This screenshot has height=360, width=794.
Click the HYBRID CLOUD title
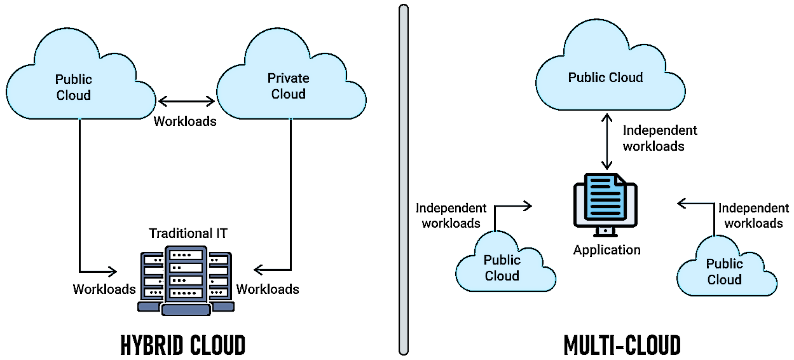click(183, 345)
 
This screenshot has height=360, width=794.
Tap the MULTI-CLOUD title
click(622, 345)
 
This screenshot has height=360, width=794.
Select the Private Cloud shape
click(290, 85)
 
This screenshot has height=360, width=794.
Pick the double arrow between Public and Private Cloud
click(186, 101)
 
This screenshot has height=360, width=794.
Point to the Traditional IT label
click(188, 233)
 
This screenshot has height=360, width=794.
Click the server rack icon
click(185, 282)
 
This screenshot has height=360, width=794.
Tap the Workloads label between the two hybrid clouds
click(185, 121)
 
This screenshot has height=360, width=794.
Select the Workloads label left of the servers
click(104, 289)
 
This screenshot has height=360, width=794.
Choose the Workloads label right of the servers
click(268, 289)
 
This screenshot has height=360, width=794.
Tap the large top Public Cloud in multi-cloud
click(605, 77)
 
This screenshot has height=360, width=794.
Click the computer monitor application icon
click(605, 203)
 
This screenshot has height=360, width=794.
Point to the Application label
click(606, 250)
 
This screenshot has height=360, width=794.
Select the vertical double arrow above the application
click(607, 141)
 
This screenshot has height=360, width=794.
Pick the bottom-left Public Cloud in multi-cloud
click(502, 268)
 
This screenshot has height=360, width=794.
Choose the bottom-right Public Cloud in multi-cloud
click(725, 272)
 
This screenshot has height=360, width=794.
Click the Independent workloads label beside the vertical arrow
click(660, 138)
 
